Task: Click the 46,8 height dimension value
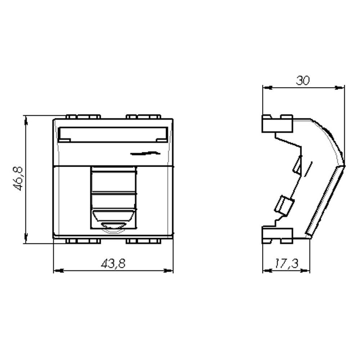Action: coord(18,179)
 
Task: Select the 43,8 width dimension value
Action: coord(113,264)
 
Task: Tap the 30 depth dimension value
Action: coord(303,81)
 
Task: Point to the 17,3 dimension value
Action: coord(286,264)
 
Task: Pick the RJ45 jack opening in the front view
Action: coord(113,198)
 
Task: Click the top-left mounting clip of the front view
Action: coord(83,117)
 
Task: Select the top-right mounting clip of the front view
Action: coord(143,117)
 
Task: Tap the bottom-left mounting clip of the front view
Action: coord(83,241)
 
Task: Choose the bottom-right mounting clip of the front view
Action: coord(143,241)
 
